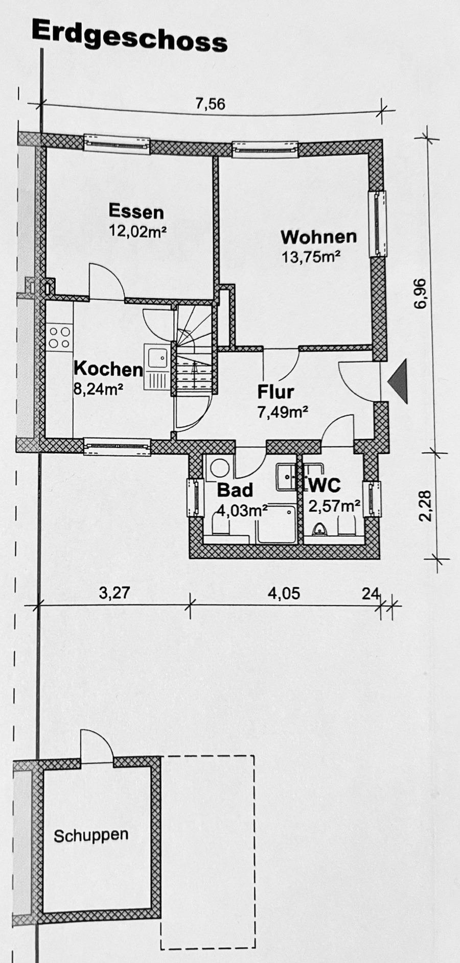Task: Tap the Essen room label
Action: (136, 211)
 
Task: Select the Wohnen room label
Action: (318, 237)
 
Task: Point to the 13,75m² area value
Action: (311, 257)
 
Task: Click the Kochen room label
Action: (108, 369)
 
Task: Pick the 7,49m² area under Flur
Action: (283, 412)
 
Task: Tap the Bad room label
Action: (235, 490)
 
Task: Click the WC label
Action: (323, 485)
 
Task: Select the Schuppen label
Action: (91, 836)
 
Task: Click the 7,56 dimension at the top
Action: (210, 104)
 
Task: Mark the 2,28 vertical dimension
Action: (425, 505)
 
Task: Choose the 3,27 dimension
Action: (114, 593)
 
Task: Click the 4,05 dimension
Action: (284, 593)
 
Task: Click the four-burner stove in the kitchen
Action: (60, 337)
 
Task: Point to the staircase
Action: (194, 352)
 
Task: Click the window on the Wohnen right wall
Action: (378, 223)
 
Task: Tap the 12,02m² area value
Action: (138, 231)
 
